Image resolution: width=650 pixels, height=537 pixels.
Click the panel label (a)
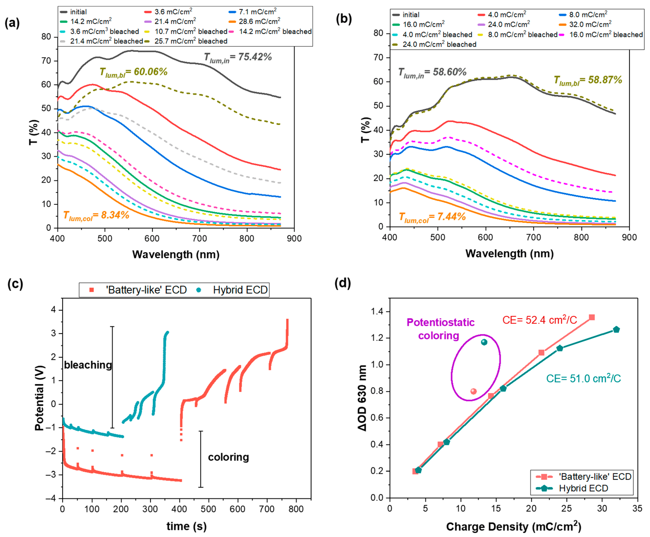[12, 23]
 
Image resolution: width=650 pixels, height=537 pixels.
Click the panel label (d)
[343, 283]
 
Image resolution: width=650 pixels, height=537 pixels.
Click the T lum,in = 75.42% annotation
[238, 57]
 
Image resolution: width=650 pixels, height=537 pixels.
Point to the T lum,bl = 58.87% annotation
[588, 80]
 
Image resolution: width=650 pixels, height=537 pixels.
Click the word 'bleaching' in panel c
[88, 365]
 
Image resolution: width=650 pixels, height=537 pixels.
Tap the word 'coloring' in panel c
[228, 457]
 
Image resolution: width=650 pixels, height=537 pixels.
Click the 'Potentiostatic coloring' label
[440, 329]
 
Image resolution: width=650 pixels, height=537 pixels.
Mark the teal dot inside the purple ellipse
[484, 342]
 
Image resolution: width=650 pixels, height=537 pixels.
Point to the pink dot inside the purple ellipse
[473, 391]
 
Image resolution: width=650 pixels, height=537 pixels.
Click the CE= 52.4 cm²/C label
[540, 320]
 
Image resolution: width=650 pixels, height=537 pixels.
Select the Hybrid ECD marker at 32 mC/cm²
[616, 329]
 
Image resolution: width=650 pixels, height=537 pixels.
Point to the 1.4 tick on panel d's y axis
[378, 312]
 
